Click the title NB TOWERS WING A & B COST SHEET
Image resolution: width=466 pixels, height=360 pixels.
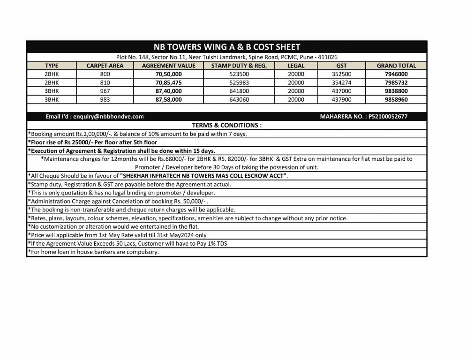point(227,47)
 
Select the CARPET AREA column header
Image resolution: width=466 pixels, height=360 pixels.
point(105,66)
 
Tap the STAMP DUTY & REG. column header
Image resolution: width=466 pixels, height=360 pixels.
point(239,66)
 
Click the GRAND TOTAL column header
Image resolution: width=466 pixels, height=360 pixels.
point(396,66)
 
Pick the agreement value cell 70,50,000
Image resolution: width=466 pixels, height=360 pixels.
point(168,74)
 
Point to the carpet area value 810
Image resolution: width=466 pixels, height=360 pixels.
point(105,82)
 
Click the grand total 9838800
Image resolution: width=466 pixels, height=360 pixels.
point(396,91)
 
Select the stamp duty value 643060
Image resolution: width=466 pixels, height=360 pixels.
point(239,99)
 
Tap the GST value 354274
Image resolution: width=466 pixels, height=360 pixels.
point(341,82)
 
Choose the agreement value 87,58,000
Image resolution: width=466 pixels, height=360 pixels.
point(168,99)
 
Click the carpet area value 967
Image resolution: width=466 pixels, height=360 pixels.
point(105,91)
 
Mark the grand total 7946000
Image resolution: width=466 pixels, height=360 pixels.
point(396,74)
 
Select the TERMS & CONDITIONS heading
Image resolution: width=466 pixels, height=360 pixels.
point(227,125)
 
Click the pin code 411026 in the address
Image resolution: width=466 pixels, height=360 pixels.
point(328,57)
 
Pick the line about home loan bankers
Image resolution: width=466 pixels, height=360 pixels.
point(93,252)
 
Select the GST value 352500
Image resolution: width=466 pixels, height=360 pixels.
point(341,74)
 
